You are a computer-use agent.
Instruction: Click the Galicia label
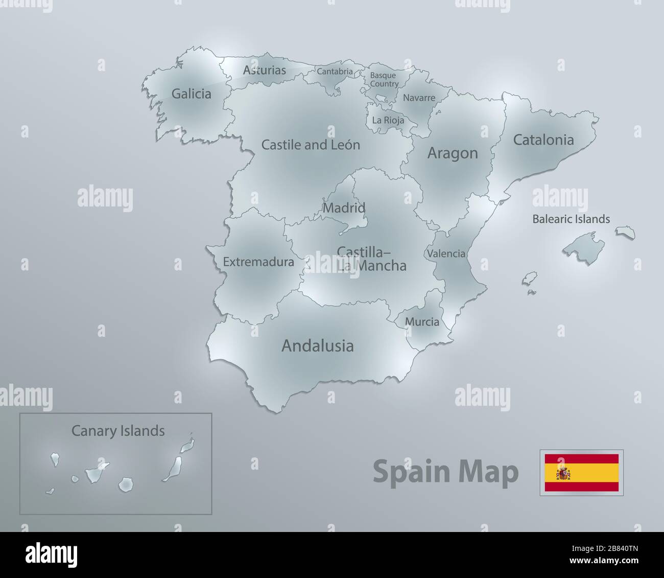click(x=191, y=94)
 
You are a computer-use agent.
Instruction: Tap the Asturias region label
click(x=264, y=71)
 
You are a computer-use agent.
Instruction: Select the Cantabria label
click(x=335, y=72)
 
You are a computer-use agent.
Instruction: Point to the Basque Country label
click(x=384, y=80)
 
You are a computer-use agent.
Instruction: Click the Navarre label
click(x=419, y=98)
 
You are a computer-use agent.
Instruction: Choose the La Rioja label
click(x=388, y=121)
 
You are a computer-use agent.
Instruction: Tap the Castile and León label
click(x=311, y=145)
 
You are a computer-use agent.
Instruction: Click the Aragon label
click(x=452, y=153)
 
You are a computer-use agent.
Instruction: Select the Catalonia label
click(x=543, y=140)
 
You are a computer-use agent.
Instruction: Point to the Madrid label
click(x=344, y=208)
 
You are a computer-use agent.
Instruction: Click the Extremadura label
click(x=258, y=262)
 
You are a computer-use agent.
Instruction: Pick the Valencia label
click(x=446, y=253)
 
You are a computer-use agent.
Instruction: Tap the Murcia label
click(x=422, y=322)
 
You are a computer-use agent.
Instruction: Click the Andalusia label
click(x=317, y=346)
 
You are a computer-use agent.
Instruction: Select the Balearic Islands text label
click(x=571, y=219)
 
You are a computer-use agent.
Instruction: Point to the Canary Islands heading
click(x=118, y=431)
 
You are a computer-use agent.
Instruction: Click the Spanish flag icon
click(x=581, y=473)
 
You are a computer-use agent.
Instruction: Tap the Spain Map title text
click(x=445, y=472)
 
